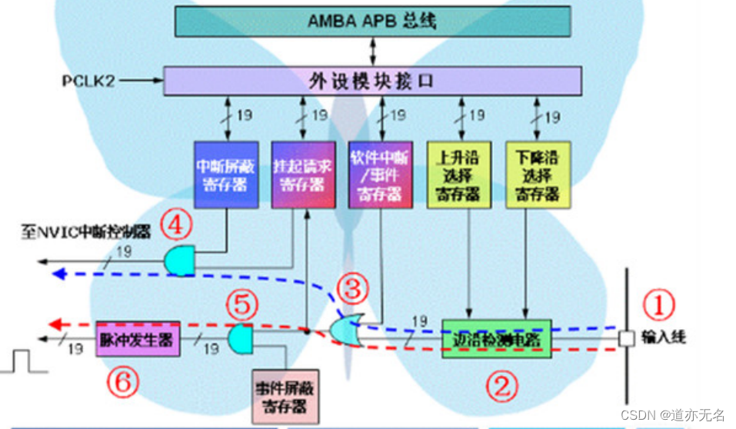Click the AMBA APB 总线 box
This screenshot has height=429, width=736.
click(x=373, y=21)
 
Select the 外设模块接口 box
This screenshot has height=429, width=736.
click(x=373, y=80)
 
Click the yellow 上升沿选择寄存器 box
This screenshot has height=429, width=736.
click(x=458, y=175)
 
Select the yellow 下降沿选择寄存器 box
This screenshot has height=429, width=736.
click(x=538, y=175)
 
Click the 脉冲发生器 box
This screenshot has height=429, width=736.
click(x=138, y=338)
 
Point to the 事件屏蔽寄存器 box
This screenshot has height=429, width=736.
click(x=285, y=396)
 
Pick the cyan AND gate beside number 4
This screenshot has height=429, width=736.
click(x=178, y=261)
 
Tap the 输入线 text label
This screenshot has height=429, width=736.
click(x=664, y=337)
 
